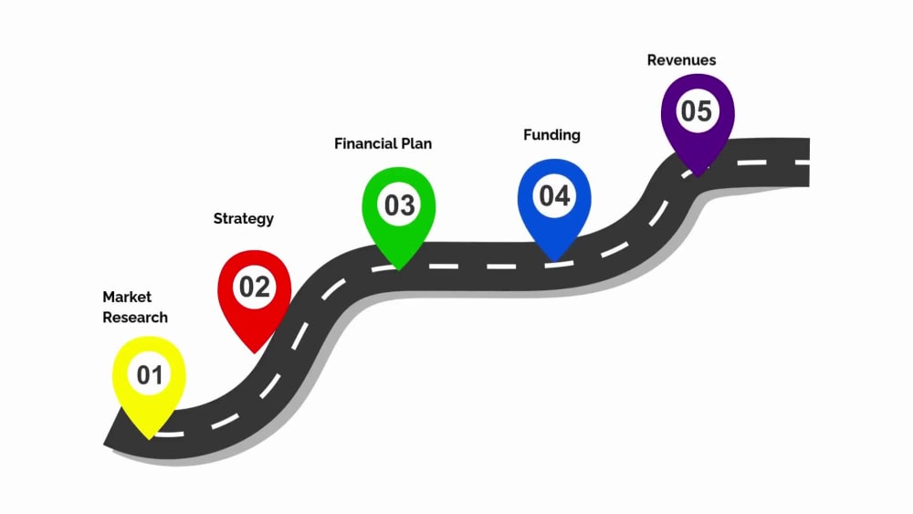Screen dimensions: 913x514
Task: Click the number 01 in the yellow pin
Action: coord(150,375)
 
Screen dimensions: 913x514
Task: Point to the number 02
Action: coord(255,287)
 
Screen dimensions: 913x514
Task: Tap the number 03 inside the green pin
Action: coord(400,205)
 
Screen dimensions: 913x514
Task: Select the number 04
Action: coord(554,196)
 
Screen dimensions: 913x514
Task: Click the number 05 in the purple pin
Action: coord(697,111)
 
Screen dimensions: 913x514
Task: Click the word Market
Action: coord(127,297)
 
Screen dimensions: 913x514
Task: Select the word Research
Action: coord(135,317)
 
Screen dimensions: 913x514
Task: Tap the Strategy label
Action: coord(244,219)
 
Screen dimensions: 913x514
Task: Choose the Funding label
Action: coord(552,136)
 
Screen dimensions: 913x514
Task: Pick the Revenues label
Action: coord(682,60)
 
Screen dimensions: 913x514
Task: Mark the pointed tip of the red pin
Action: coord(255,353)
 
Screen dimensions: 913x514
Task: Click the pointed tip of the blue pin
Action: coord(554,261)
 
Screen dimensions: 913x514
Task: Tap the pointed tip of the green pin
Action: coord(399,270)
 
